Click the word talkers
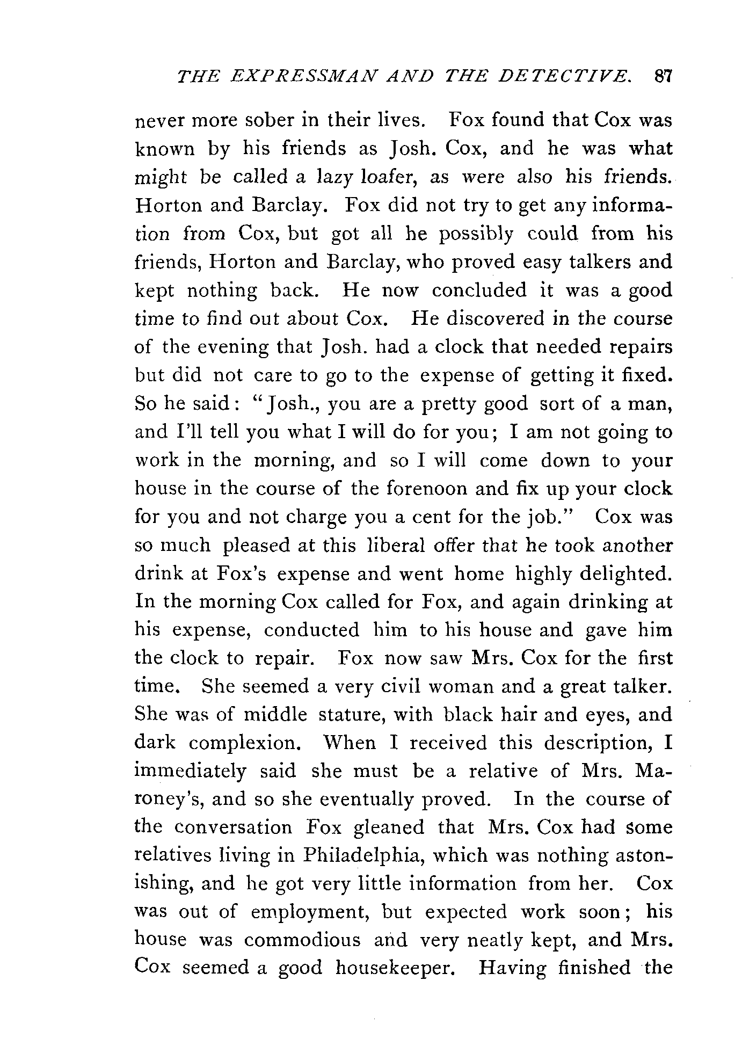(x=579, y=261)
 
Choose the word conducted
(x=311, y=630)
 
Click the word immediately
(x=190, y=772)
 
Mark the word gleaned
(x=389, y=827)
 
